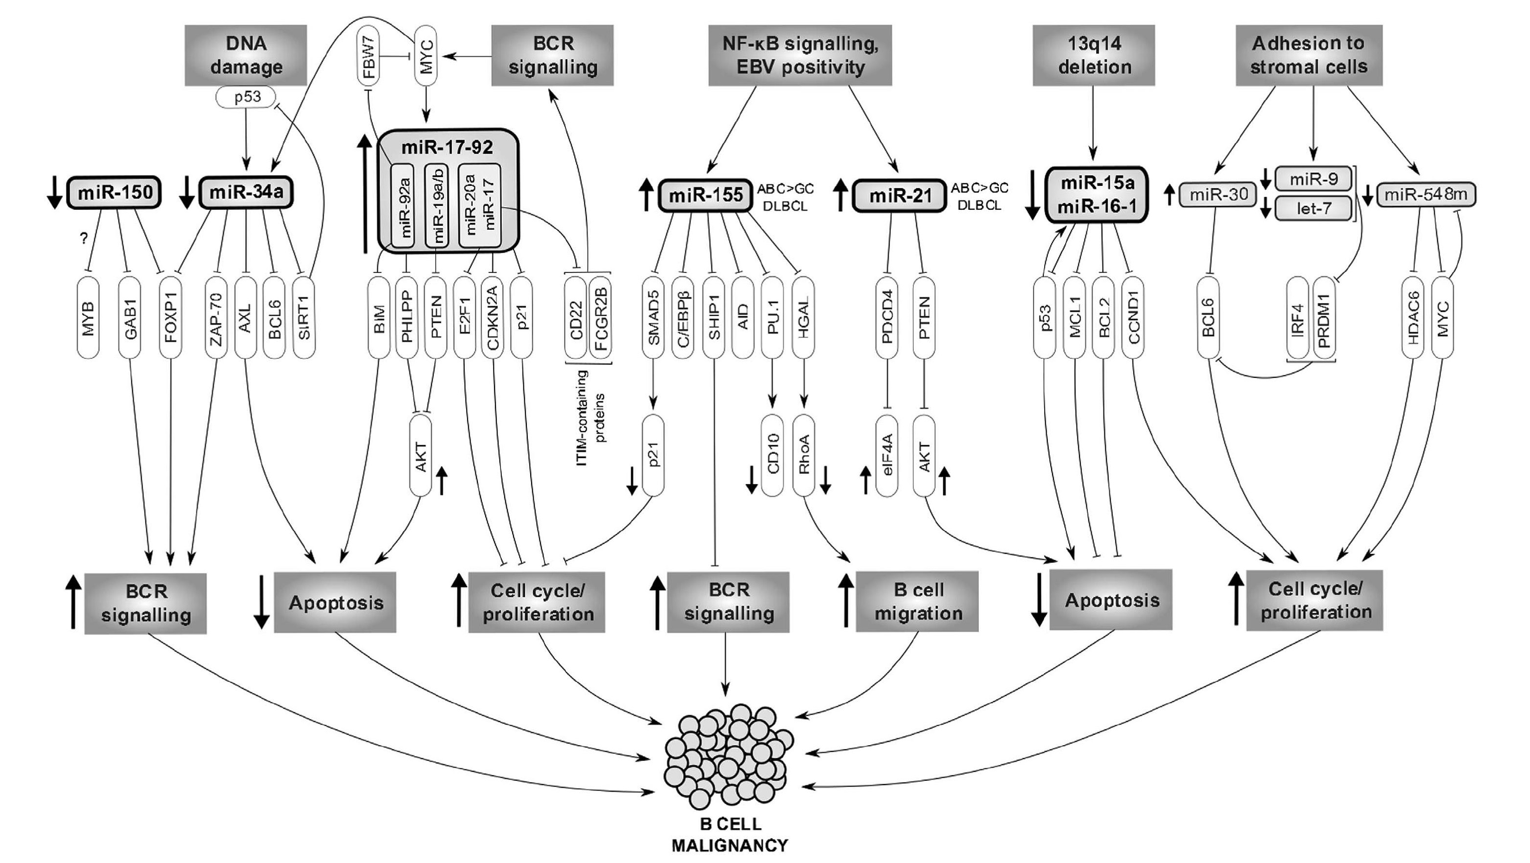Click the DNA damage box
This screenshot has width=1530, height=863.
tap(246, 55)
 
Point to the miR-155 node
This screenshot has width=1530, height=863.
tap(706, 195)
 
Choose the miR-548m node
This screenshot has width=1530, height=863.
tap(1425, 194)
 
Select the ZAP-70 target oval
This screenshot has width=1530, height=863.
tap(215, 318)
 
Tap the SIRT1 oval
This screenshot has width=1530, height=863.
tap(303, 318)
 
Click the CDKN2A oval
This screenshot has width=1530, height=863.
tap(493, 318)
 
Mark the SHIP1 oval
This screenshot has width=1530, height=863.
tap(713, 318)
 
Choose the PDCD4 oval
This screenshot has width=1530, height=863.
tap(887, 318)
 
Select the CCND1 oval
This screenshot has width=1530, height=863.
tap(1133, 318)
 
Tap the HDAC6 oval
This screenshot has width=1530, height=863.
tap(1413, 318)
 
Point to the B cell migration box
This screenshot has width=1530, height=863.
tap(917, 601)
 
